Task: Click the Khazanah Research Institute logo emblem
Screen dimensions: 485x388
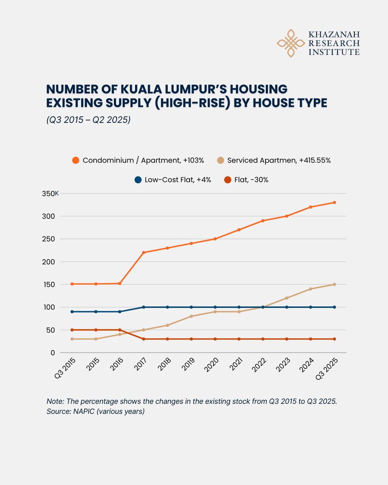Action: pyautogui.click(x=290, y=43)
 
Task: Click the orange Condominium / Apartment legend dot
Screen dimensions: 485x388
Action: pyautogui.click(x=75, y=160)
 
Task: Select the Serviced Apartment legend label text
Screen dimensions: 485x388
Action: pyautogui.click(x=279, y=160)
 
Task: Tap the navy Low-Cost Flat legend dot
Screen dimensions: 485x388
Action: pyautogui.click(x=137, y=180)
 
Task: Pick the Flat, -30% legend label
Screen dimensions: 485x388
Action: pyautogui.click(x=251, y=180)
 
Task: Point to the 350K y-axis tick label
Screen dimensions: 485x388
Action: pyautogui.click(x=51, y=194)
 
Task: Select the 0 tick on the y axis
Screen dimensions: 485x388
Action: pyautogui.click(x=52, y=352)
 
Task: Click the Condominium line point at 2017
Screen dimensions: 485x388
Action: pyautogui.click(x=143, y=253)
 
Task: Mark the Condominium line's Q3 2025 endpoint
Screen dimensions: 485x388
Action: pyautogui.click(x=335, y=202)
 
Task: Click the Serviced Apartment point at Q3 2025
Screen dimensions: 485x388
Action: pyautogui.click(x=335, y=284)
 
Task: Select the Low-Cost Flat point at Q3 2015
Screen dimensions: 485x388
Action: pyautogui.click(x=72, y=312)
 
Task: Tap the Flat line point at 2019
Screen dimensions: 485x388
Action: pyautogui.click(x=191, y=339)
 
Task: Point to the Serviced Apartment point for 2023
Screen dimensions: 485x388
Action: pyautogui.click(x=287, y=298)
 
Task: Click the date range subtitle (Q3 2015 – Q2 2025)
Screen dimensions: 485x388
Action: pyautogui.click(x=88, y=120)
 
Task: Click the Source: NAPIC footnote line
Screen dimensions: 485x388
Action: pyautogui.click(x=95, y=412)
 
